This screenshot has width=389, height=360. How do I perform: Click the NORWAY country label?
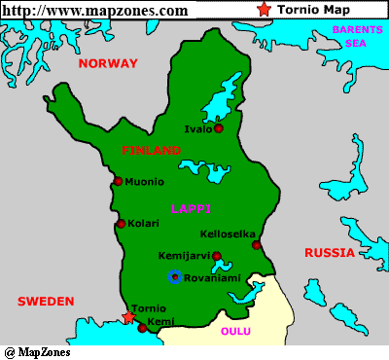pos(109,63)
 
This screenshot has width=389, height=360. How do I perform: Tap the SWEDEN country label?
pos(46,302)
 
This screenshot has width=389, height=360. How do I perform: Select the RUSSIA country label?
pos(329,253)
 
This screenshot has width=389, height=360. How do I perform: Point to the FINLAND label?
pos(152,151)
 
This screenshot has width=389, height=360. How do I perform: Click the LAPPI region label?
pos(191,209)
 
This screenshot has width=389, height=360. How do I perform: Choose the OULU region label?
pos(235,332)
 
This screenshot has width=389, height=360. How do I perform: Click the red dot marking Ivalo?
pos(219,128)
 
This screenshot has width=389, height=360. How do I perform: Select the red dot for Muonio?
pos(118,181)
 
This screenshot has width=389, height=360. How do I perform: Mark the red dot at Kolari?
pos(121,224)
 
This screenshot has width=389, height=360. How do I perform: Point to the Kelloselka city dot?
pos(257,245)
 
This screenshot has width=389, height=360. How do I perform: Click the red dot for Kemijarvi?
pos(217,257)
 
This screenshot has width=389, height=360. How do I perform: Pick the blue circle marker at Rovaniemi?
pos(174,277)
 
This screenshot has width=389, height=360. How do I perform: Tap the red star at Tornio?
pos(128,316)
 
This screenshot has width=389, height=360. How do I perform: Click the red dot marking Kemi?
pos(142,328)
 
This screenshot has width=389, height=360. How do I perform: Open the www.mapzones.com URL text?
pos(95,10)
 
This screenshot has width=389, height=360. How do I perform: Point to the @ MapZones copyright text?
pos(37,351)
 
